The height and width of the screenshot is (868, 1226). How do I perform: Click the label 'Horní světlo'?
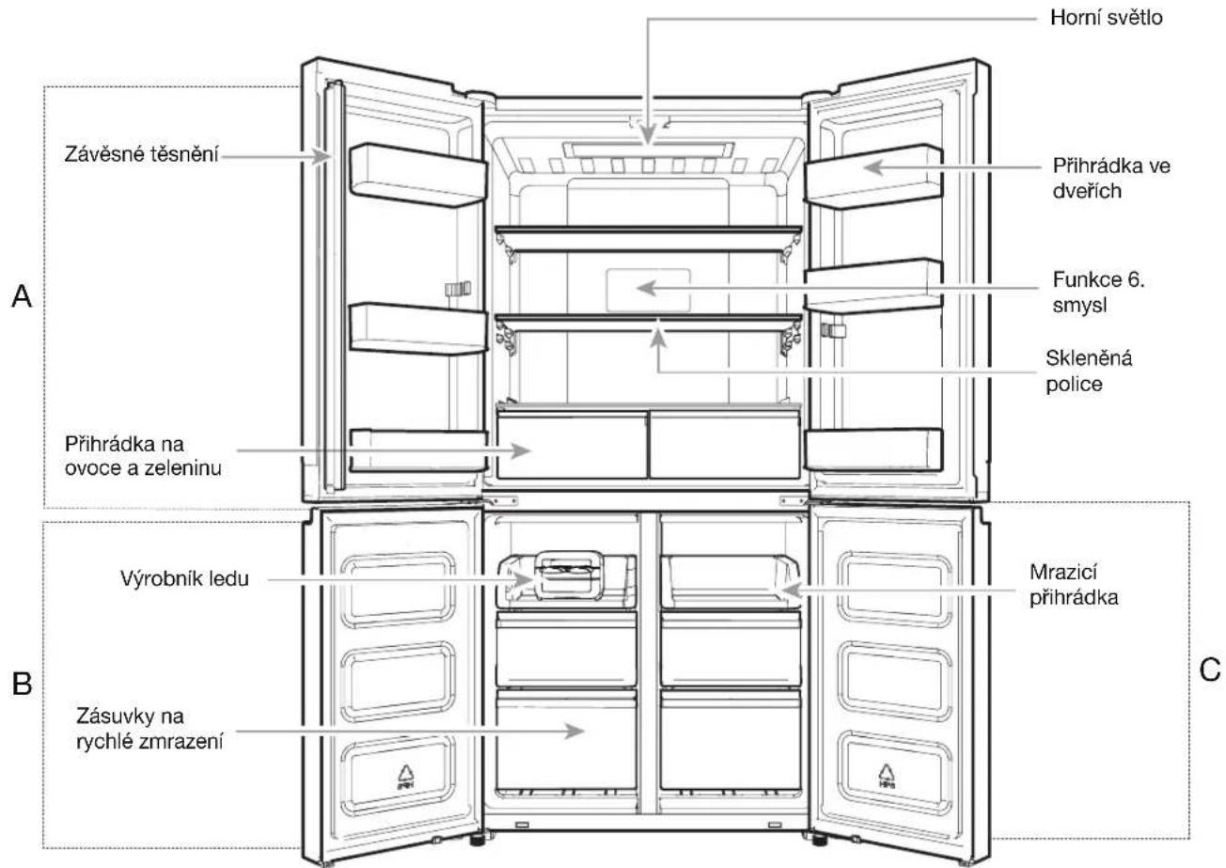(x=1107, y=18)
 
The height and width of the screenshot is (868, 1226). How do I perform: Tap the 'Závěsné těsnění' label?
(x=141, y=155)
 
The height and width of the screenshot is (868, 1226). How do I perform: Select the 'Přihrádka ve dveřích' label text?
(x=1111, y=179)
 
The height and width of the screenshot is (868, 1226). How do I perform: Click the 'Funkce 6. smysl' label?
(x=1098, y=292)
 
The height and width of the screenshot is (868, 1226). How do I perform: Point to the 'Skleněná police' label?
(x=1089, y=371)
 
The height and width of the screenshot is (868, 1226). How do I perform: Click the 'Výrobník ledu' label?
(x=184, y=578)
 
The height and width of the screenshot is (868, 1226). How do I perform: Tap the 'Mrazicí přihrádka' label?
(x=1074, y=585)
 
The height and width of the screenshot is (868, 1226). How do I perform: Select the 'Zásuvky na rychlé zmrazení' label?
(x=149, y=729)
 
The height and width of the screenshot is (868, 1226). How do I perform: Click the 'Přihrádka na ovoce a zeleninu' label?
(x=143, y=456)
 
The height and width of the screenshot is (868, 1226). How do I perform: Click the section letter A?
(x=22, y=296)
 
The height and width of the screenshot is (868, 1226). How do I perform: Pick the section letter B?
(x=22, y=684)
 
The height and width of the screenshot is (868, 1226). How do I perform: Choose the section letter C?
(x=1209, y=669)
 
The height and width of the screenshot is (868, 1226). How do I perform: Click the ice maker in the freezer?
(x=569, y=575)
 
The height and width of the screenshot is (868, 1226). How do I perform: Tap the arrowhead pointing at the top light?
(x=648, y=135)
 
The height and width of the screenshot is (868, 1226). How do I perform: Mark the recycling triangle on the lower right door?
(x=887, y=776)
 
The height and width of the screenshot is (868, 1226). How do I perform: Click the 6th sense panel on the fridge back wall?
(x=648, y=290)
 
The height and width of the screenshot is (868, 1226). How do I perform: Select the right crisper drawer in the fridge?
(x=725, y=445)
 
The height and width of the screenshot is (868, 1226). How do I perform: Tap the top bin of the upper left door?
(x=418, y=175)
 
